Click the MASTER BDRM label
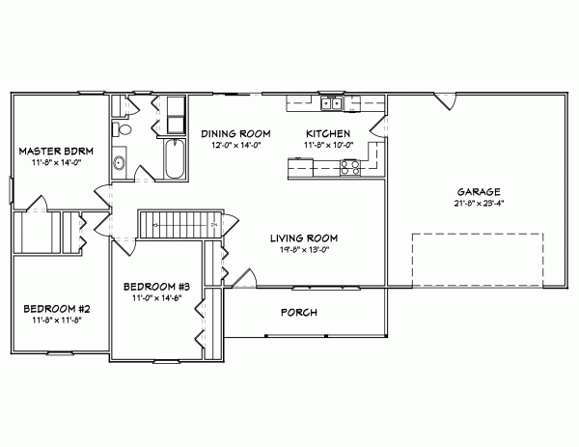pos(52,152)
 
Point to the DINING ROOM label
pos(234,133)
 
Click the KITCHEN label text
pos(327,133)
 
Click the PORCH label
pos(299,312)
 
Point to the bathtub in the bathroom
pos(176,160)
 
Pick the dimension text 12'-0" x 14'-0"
pos(234,145)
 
